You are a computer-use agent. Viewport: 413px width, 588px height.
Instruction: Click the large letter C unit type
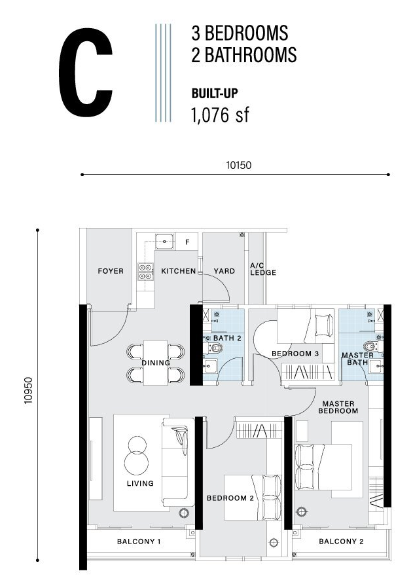pos(86,72)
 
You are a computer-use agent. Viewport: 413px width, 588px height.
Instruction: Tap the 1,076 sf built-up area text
pos(220,115)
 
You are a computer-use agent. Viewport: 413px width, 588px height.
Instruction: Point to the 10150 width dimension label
pos(239,165)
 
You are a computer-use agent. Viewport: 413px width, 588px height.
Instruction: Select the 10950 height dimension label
pos(29,391)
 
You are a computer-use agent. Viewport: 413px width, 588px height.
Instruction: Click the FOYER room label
pos(111,270)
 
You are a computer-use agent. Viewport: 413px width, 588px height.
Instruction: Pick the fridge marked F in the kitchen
pos(187,242)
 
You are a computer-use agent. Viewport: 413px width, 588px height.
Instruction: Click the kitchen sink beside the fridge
pos(164,241)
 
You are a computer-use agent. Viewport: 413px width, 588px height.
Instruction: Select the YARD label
pos(224,270)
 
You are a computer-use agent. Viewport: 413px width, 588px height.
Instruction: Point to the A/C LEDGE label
pos(263,269)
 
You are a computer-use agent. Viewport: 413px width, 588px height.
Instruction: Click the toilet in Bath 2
pos(214,348)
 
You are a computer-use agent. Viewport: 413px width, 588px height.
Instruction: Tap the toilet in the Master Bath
pos(372,346)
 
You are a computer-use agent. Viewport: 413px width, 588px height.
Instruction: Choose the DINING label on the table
pos(156,363)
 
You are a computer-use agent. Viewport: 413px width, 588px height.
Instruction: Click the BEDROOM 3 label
pos(295,353)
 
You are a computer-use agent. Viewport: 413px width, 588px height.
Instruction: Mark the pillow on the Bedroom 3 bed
pos(324,325)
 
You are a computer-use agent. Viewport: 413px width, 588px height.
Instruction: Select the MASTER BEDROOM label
pos(338,407)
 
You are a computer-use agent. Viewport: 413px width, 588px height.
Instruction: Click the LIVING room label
pos(140,483)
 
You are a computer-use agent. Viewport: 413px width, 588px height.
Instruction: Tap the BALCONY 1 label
pos(139,541)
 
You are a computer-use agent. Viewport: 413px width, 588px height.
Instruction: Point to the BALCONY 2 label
pos(341,541)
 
